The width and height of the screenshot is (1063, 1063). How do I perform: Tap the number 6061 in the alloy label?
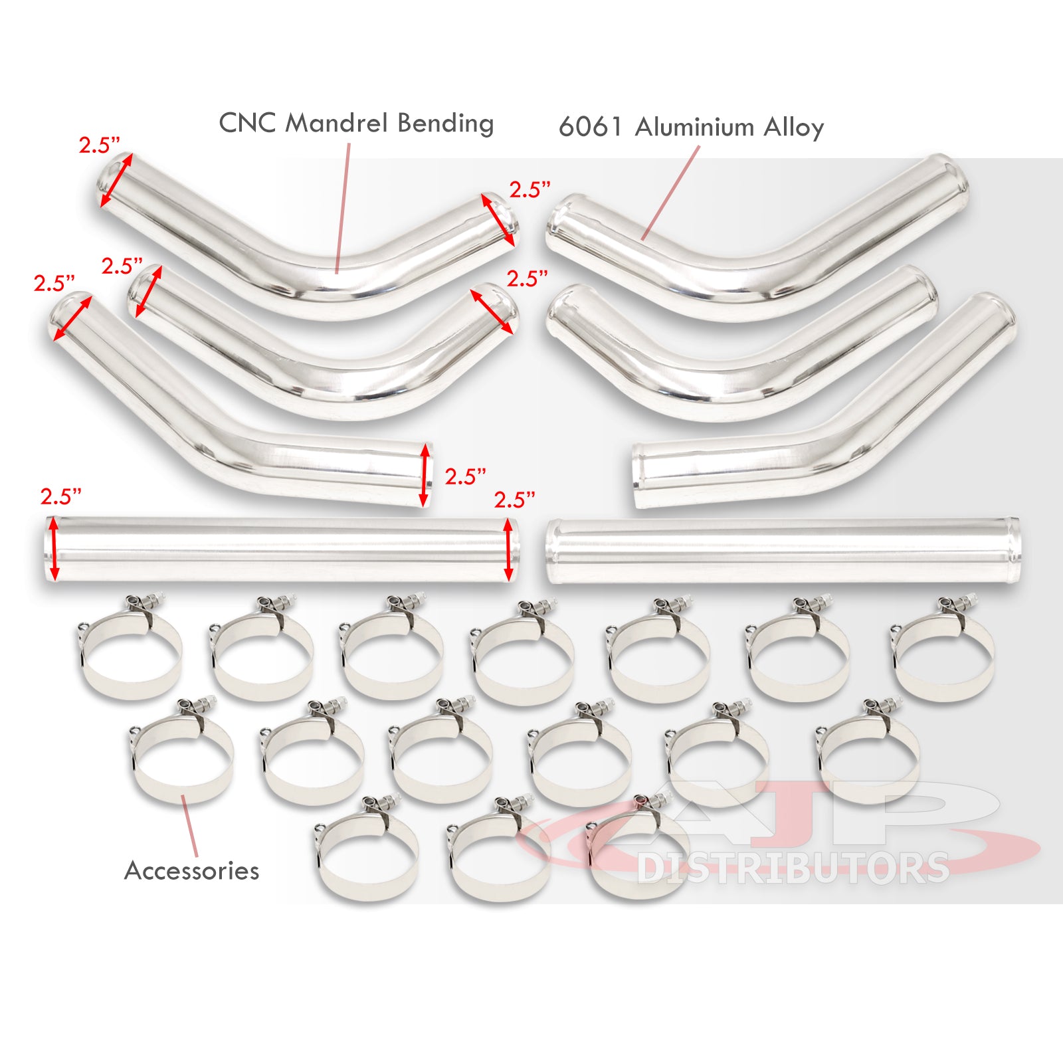pyautogui.click(x=590, y=127)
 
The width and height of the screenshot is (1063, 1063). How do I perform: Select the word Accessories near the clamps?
pyautogui.click(x=191, y=870)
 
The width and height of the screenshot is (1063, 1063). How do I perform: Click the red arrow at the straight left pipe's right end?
pyautogui.click(x=509, y=549)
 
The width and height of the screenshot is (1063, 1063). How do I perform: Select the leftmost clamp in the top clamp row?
pyautogui.click(x=130, y=651)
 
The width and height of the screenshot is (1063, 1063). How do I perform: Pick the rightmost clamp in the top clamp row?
pyautogui.click(x=943, y=651)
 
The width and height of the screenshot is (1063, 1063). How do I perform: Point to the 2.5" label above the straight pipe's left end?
pyautogui.click(x=60, y=496)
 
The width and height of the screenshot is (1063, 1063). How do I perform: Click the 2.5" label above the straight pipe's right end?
pyautogui.click(x=514, y=500)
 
